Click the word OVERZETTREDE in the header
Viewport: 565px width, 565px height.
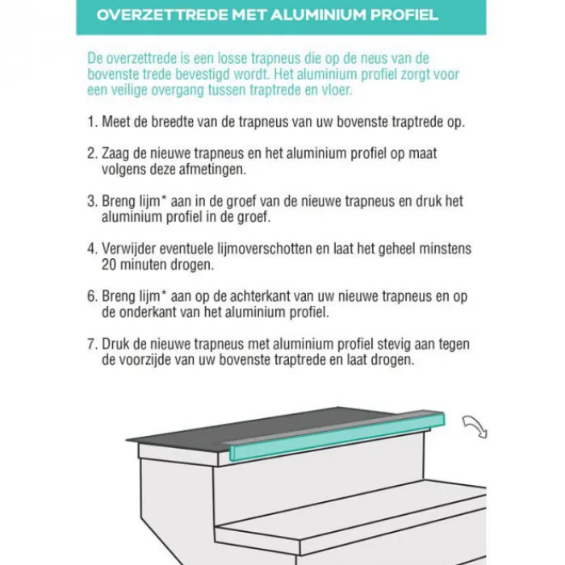[x=162, y=15]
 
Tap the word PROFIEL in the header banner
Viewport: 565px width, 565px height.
[x=404, y=15]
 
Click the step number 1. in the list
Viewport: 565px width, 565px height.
[x=93, y=122]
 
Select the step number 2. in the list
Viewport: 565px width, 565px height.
[x=93, y=153]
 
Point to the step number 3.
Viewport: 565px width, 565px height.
[x=93, y=201]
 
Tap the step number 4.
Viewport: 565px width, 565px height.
[x=93, y=249]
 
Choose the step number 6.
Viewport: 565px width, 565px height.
[x=93, y=296]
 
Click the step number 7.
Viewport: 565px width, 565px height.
[x=93, y=344]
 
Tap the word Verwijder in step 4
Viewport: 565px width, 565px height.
[x=128, y=249]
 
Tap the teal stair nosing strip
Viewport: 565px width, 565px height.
[x=337, y=437]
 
